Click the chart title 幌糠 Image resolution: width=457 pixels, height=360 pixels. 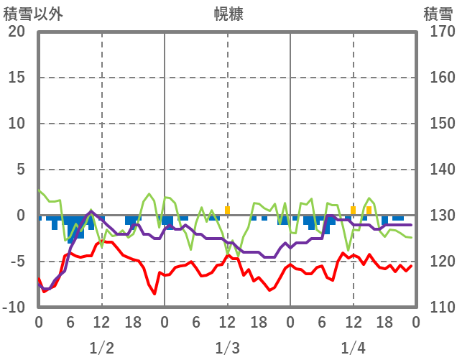coord(228,13)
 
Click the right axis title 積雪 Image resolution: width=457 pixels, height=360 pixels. coord(437,13)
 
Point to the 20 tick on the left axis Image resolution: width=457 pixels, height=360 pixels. coord(17,32)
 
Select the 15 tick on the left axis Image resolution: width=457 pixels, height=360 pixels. coord(17,78)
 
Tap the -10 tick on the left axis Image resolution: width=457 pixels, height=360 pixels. coord(14,308)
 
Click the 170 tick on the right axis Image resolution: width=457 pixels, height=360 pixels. coord(437,32)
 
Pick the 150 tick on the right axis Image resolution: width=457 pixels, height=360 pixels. coord(437,124)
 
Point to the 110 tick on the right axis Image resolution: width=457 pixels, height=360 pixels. coord(437,308)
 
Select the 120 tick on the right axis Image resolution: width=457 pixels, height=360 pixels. coord(437,262)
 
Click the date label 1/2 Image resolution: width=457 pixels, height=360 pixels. coord(101,349)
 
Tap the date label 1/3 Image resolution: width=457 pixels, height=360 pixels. coord(227,349)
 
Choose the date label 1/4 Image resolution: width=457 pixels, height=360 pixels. coord(353,349)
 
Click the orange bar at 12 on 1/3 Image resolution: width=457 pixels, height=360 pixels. coord(228,211)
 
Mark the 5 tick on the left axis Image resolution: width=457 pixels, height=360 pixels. coord(20,170)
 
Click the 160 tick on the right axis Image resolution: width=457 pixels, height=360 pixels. coord(437,78)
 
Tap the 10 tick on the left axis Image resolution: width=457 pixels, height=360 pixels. coord(17,124)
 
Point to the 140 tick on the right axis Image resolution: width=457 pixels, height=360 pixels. coord(437,170)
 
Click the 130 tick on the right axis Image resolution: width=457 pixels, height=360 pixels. coord(437,216)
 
